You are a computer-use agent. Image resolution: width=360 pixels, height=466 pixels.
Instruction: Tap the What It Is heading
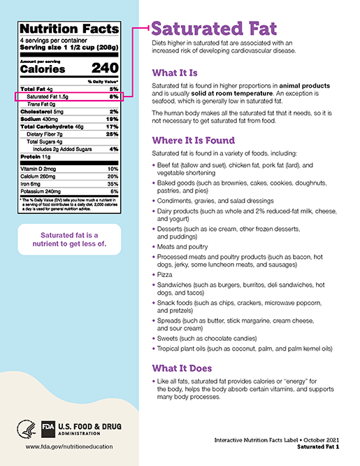(x=175, y=72)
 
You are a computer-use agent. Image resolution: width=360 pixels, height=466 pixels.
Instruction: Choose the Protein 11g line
(x=33, y=157)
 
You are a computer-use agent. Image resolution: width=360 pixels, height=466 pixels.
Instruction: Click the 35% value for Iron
(x=113, y=183)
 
